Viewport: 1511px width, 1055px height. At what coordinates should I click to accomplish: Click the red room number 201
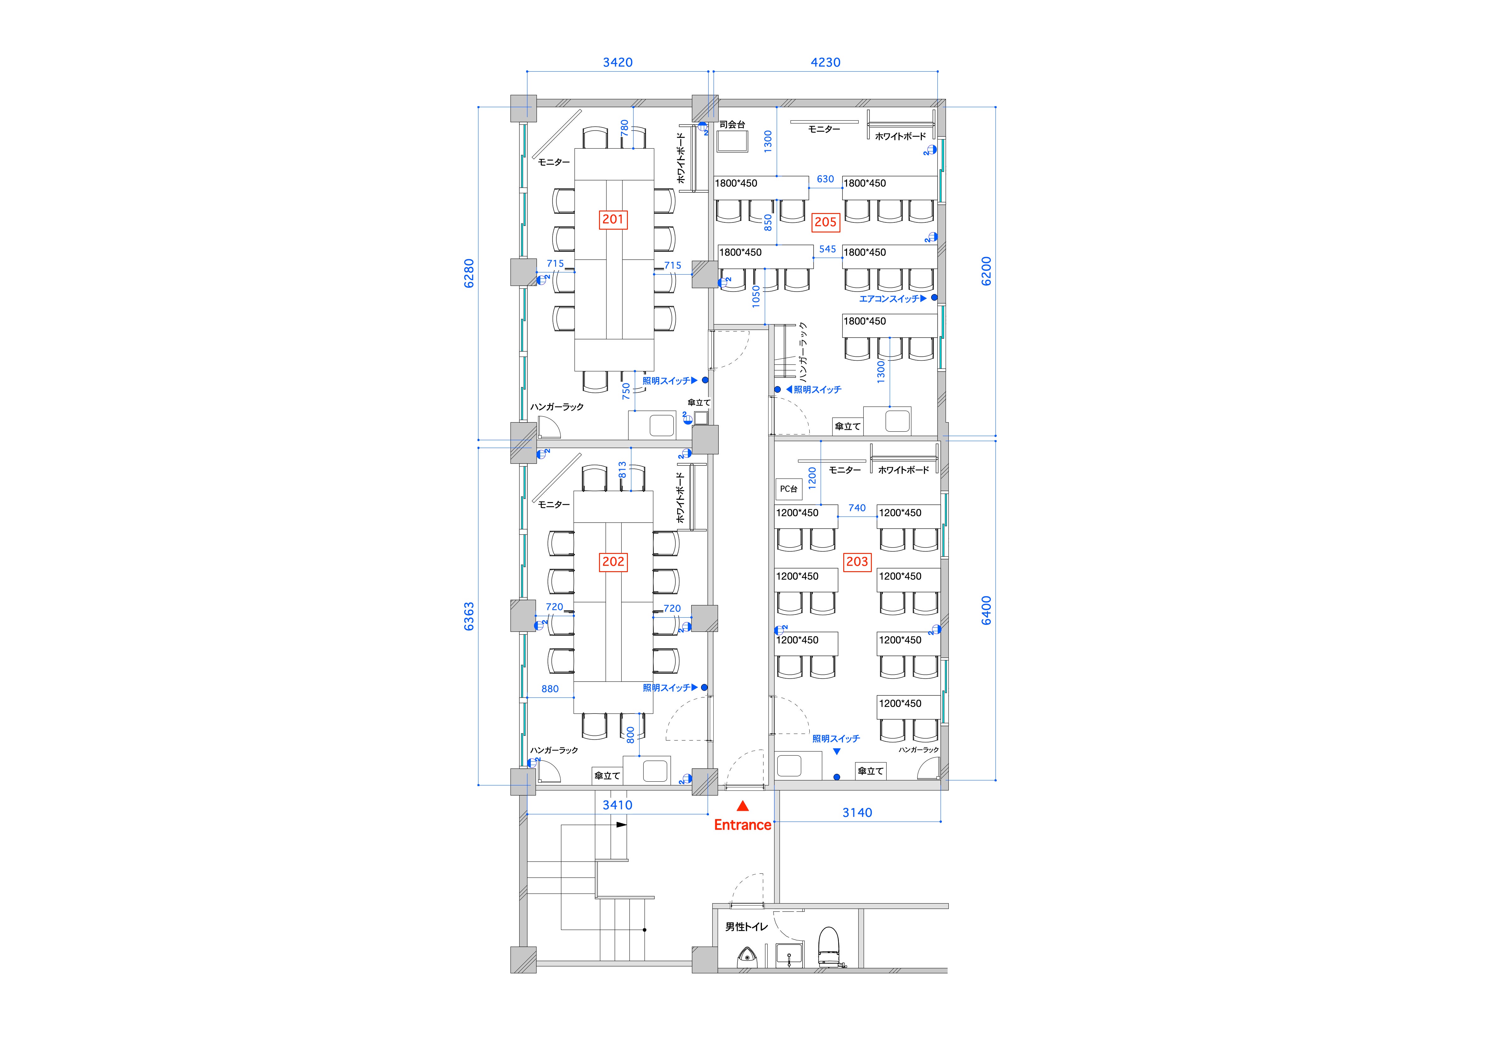[x=613, y=219]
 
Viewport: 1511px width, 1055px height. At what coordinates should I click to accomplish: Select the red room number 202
[x=613, y=562]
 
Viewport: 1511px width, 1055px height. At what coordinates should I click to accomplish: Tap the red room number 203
[x=857, y=562]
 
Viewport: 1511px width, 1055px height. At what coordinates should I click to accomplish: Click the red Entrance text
[x=742, y=825]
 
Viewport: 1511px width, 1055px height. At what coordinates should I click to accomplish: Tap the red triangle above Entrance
[x=742, y=806]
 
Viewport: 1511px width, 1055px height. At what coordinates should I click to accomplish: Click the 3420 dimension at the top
[x=617, y=63]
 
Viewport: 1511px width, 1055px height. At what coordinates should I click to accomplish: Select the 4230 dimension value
[x=825, y=63]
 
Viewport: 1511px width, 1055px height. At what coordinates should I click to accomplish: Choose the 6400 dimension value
[x=986, y=610]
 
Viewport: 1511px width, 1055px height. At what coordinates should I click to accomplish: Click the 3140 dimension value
[x=857, y=813]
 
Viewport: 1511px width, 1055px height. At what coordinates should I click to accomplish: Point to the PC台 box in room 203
[x=788, y=489]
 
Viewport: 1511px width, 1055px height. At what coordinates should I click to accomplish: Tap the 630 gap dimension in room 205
[x=825, y=179]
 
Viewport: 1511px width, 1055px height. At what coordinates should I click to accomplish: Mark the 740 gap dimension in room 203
[x=857, y=508]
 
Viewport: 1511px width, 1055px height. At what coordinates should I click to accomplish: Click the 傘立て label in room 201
[x=699, y=402]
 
